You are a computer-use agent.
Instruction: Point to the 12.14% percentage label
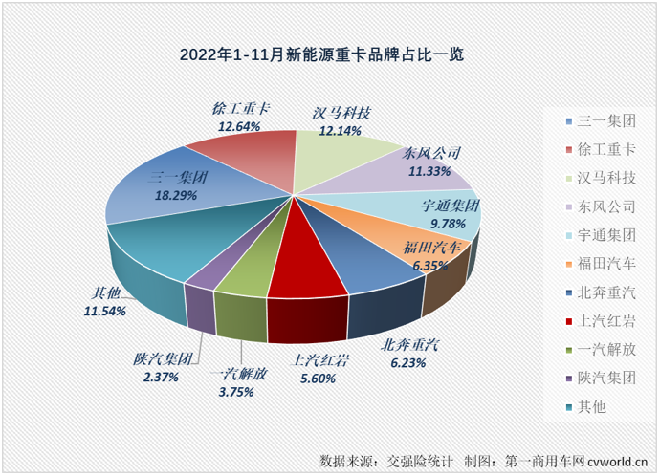[x=341, y=130]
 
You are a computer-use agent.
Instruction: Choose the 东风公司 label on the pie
[x=432, y=154]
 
